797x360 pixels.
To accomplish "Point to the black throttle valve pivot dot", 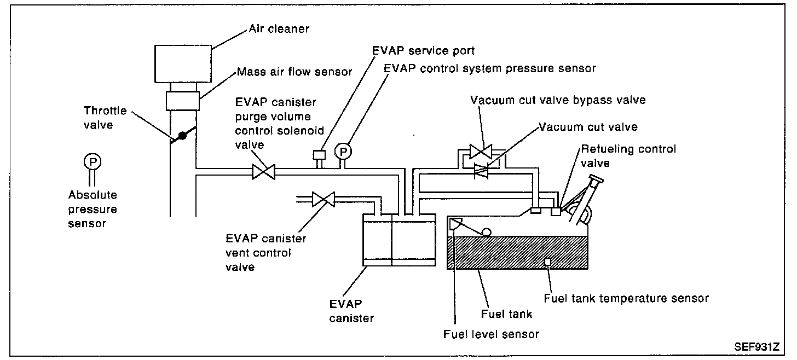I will (x=183, y=135).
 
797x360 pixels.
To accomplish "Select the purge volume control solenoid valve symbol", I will (x=263, y=172).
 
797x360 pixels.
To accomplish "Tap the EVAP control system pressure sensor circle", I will (x=343, y=150).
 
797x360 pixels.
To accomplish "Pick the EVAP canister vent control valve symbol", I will (x=323, y=199).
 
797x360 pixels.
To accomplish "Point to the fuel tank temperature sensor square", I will (x=547, y=262).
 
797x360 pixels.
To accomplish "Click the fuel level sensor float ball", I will (x=486, y=232).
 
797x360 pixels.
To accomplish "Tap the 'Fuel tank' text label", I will (x=506, y=314).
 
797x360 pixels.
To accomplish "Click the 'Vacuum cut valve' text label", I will (x=588, y=126).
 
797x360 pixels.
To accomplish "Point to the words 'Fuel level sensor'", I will (x=491, y=334).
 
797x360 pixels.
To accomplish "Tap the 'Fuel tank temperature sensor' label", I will (x=626, y=298).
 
